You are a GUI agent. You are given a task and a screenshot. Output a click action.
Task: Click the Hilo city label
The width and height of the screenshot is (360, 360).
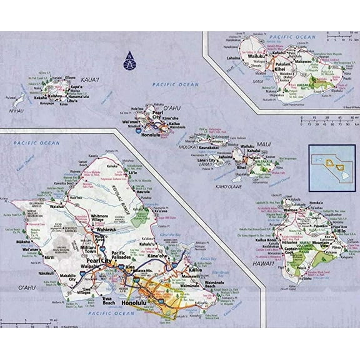pyautogui.click(x=342, y=231)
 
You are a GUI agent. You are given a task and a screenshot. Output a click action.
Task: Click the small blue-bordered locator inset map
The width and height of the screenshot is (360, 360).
pyautogui.click(x=331, y=164)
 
